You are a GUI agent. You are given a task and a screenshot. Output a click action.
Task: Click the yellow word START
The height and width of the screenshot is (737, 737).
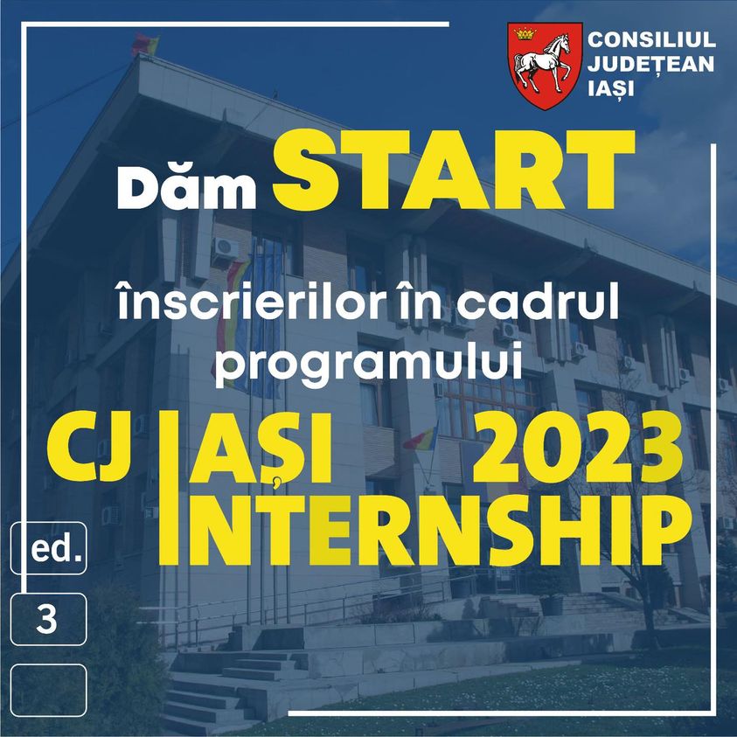click(x=454, y=170)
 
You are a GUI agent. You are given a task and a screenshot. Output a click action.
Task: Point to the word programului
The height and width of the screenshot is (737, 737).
click(x=369, y=365)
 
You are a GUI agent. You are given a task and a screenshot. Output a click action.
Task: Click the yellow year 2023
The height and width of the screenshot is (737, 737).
click(x=578, y=448)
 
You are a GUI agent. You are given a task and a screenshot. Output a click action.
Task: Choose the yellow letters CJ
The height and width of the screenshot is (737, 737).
click(x=89, y=447)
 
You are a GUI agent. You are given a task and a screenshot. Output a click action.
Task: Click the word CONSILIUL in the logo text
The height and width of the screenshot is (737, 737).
click(x=651, y=40)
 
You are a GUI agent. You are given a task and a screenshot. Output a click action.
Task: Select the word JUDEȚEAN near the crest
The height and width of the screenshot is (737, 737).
click(x=650, y=64)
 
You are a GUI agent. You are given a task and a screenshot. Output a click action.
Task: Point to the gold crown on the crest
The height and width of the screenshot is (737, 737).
click(x=525, y=33)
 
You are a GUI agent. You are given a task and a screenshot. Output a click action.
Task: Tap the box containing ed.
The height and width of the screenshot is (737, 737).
click(x=48, y=548)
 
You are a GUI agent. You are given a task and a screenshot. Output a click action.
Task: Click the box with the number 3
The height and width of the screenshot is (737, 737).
click(x=48, y=619)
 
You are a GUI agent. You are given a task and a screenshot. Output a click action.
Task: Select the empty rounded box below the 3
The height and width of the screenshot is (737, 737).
click(x=48, y=690)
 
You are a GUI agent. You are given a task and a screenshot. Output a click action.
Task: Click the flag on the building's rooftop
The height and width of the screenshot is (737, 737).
click(x=145, y=44)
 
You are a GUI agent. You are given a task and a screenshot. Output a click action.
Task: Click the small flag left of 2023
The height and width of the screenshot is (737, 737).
click(x=420, y=439)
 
